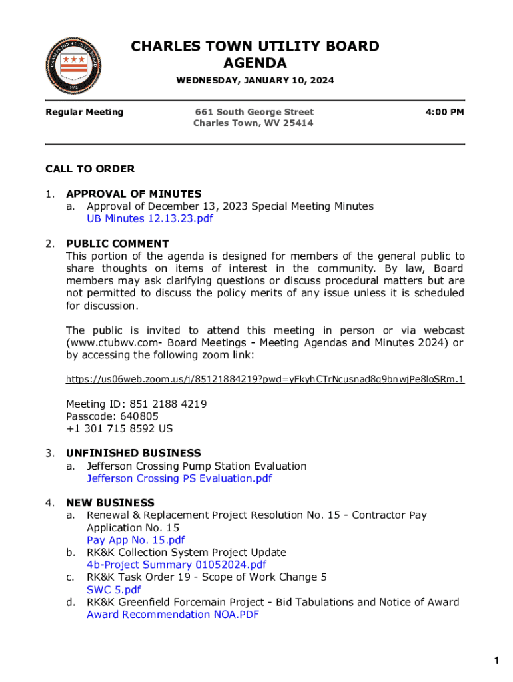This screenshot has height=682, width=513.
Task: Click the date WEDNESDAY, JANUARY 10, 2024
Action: [x=255, y=81]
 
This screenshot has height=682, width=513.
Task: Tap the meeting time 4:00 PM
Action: [x=444, y=112]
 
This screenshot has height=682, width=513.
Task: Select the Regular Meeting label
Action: [x=84, y=112]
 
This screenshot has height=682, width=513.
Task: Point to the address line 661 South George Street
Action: [x=254, y=112]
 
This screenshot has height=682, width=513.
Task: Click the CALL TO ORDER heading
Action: [x=90, y=169]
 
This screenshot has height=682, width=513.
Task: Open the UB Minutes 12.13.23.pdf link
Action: [x=150, y=218]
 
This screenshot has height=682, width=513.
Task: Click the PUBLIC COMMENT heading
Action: [x=117, y=244]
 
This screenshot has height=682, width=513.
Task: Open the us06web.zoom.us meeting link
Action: [x=265, y=379]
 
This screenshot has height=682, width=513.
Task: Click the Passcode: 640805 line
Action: [x=112, y=416]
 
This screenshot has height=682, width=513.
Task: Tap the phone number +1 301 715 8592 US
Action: [x=119, y=429]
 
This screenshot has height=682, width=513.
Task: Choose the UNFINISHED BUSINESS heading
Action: [x=133, y=453]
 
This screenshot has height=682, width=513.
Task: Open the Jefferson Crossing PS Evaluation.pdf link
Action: [x=179, y=478]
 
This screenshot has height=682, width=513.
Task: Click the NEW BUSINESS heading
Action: [x=110, y=503]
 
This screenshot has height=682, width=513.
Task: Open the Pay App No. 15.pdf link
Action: [x=136, y=540]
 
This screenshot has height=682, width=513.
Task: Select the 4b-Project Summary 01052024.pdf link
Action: [x=177, y=565]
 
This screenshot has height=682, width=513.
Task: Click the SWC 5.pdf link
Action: [x=114, y=589]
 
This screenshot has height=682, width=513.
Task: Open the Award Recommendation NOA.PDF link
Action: [x=173, y=614]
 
